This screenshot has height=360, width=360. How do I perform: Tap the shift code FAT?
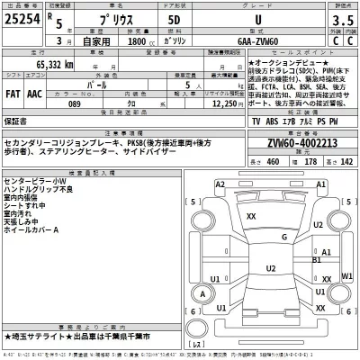pos(13,91)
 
